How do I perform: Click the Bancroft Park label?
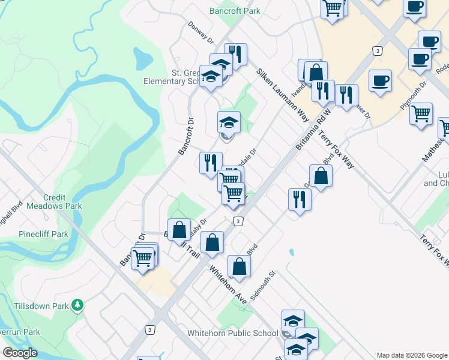pos(235,11)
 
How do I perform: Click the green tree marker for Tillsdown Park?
pos(77,305)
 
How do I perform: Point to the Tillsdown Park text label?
pos(40,306)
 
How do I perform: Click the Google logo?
pos(20,353)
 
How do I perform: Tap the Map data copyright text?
pos(412,355)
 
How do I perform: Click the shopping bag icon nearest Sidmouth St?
pos(239,266)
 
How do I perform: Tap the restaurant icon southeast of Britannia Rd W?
pos(299,199)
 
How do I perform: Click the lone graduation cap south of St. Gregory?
pos(228,123)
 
